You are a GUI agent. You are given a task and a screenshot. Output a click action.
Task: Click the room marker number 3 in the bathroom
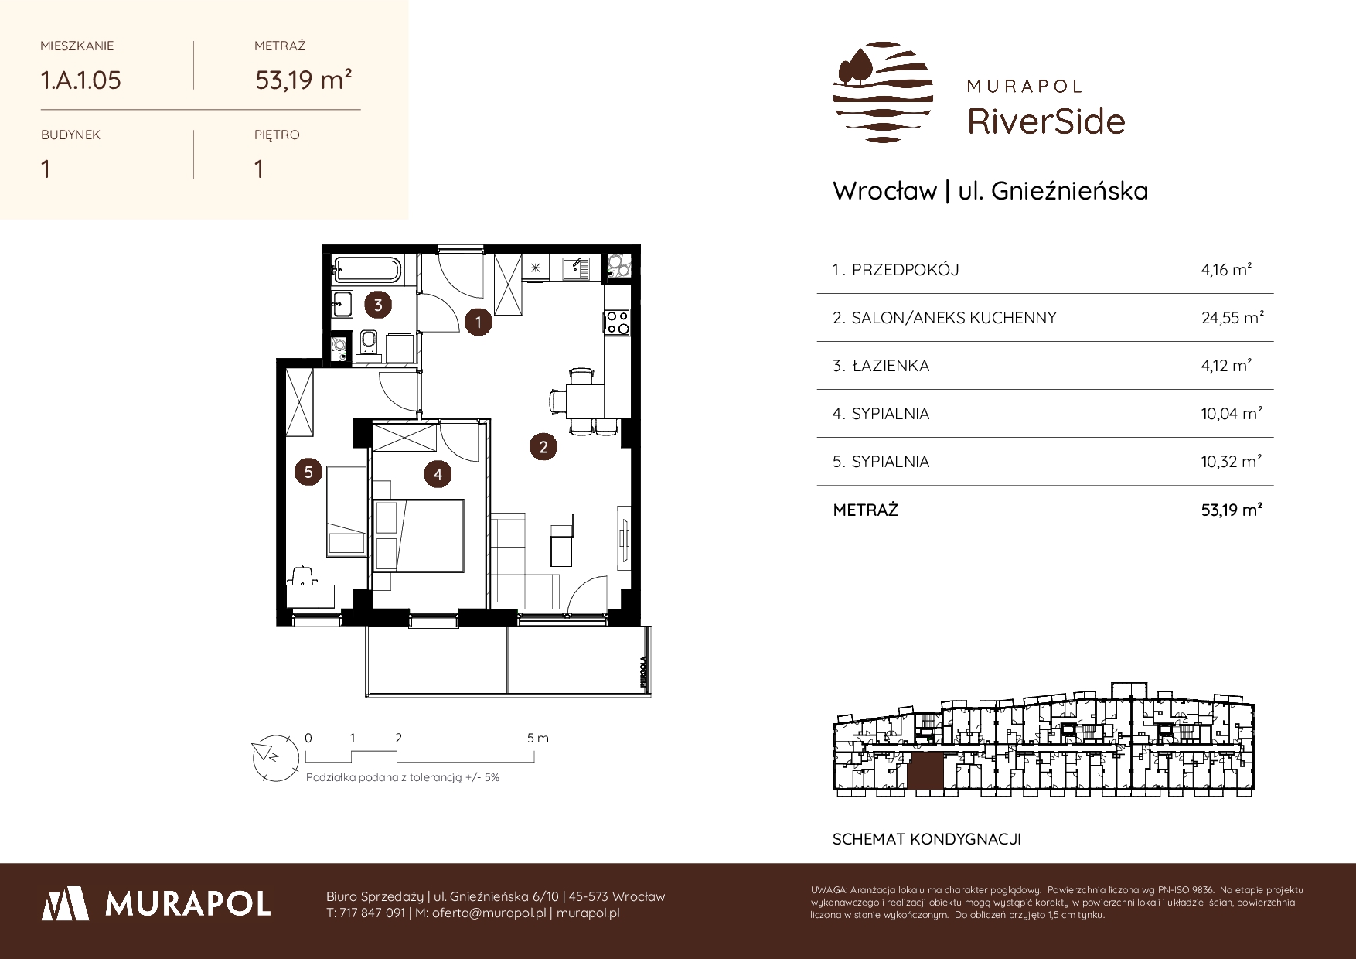(378, 305)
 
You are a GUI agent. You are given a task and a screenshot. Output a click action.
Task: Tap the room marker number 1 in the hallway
(479, 323)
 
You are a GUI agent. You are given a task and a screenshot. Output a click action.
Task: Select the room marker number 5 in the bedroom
(308, 472)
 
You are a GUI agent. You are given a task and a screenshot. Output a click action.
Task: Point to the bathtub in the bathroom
(367, 271)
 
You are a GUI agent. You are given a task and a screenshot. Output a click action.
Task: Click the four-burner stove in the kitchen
(617, 322)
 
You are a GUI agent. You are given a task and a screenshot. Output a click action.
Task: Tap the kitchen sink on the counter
(576, 268)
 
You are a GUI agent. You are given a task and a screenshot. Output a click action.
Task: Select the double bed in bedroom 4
(418, 534)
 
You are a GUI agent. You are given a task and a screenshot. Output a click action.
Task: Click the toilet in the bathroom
(369, 343)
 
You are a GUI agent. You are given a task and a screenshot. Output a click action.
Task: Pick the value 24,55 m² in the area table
(1232, 317)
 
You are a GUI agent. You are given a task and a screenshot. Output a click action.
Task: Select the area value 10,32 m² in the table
(1232, 461)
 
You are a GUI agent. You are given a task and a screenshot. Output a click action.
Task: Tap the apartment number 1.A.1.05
(81, 80)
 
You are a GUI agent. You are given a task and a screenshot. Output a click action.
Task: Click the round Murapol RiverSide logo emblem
(884, 93)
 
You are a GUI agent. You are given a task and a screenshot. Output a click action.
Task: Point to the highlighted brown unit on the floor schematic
(926, 771)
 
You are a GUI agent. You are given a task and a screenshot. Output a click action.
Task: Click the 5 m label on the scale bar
(538, 738)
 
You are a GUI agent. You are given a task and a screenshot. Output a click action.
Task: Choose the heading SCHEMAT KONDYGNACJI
(926, 839)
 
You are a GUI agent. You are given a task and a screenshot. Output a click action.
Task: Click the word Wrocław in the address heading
(884, 191)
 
